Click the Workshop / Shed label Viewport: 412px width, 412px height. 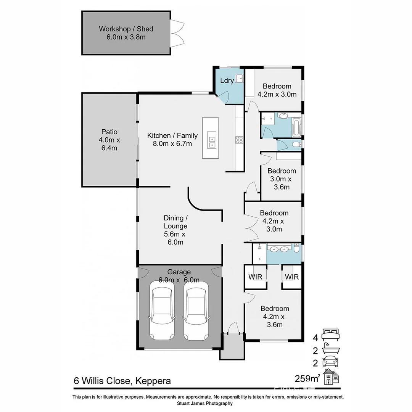pyautogui.click(x=126, y=33)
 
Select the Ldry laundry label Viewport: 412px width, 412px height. pyautogui.click(x=227, y=81)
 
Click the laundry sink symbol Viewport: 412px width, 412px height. pyautogui.click(x=239, y=79)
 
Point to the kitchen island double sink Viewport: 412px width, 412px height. pyautogui.click(x=212, y=140)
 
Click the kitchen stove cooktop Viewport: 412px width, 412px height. pyautogui.click(x=239, y=140)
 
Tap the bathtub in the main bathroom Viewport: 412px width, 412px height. pyautogui.click(x=296, y=127)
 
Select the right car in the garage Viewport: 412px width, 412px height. pyautogui.click(x=196, y=311)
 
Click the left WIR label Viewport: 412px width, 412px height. pyautogui.click(x=255, y=277)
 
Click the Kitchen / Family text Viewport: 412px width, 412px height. pyautogui.click(x=172, y=139)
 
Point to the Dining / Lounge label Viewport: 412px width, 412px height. pyautogui.click(x=175, y=230)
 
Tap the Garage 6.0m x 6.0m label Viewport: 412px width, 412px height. pyautogui.click(x=179, y=276)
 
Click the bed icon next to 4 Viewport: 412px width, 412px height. pyautogui.click(x=330, y=335)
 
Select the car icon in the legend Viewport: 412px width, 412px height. pyautogui.click(x=330, y=361)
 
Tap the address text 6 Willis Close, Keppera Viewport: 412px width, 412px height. pyautogui.click(x=122, y=381)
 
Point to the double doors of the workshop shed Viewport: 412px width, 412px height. pyautogui.click(x=177, y=33)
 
